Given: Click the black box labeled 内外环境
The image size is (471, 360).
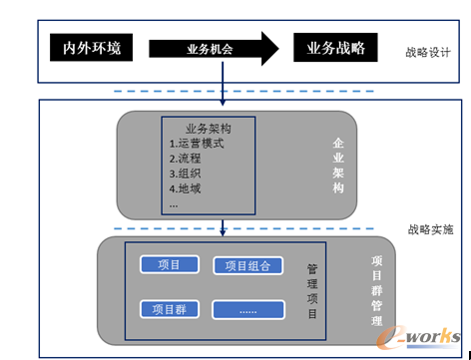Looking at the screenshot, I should click(91, 47).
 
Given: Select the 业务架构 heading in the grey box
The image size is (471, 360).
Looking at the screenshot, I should click(210, 129).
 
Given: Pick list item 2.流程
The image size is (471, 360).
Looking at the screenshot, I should click(187, 159).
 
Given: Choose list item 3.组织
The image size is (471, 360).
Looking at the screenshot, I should click(187, 174).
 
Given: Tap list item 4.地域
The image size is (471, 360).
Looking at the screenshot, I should click(187, 188).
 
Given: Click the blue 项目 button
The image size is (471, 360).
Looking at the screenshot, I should click(169, 264).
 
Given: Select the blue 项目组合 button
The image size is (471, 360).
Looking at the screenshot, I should click(247, 266).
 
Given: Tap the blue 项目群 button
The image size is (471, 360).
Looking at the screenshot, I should click(169, 308).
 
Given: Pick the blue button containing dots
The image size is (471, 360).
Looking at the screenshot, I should click(247, 310).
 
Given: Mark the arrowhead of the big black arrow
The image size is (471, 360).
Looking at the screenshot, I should click(266, 47).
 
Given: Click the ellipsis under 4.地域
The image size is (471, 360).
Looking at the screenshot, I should click(175, 202).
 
